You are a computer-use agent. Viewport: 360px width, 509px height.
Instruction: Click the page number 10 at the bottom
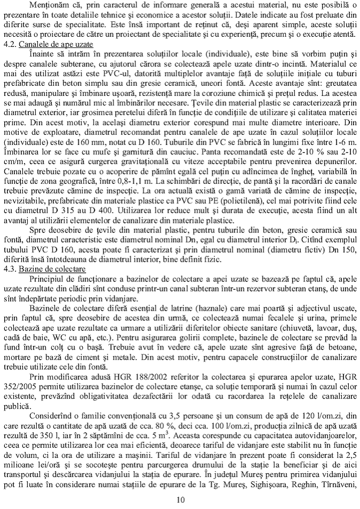point(180,499)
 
